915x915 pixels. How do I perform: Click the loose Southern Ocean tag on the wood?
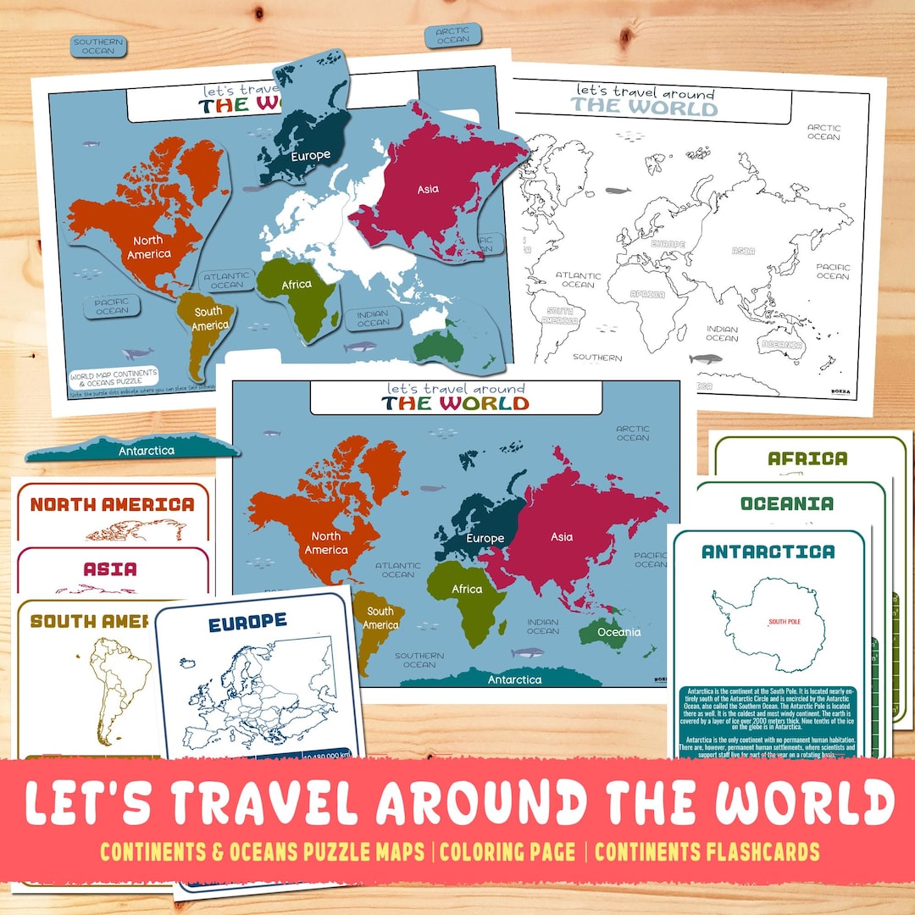(x=98, y=46)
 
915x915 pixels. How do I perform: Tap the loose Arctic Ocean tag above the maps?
(x=452, y=35)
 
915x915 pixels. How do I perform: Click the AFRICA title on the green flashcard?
(x=807, y=458)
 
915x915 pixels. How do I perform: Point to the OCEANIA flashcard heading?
(x=786, y=503)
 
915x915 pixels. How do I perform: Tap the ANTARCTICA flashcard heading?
(x=768, y=552)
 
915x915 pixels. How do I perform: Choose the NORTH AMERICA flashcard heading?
(x=113, y=504)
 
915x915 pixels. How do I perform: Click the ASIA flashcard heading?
(x=110, y=568)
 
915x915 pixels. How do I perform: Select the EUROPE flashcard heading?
(x=247, y=621)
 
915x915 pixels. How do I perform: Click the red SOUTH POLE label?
(x=784, y=623)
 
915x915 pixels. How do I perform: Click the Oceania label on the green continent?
(x=618, y=632)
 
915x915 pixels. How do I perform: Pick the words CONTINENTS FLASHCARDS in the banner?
(x=707, y=851)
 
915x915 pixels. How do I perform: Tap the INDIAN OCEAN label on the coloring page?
(x=722, y=333)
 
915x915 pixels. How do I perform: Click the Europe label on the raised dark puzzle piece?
(x=310, y=156)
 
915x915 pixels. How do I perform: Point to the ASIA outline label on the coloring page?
(x=743, y=251)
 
